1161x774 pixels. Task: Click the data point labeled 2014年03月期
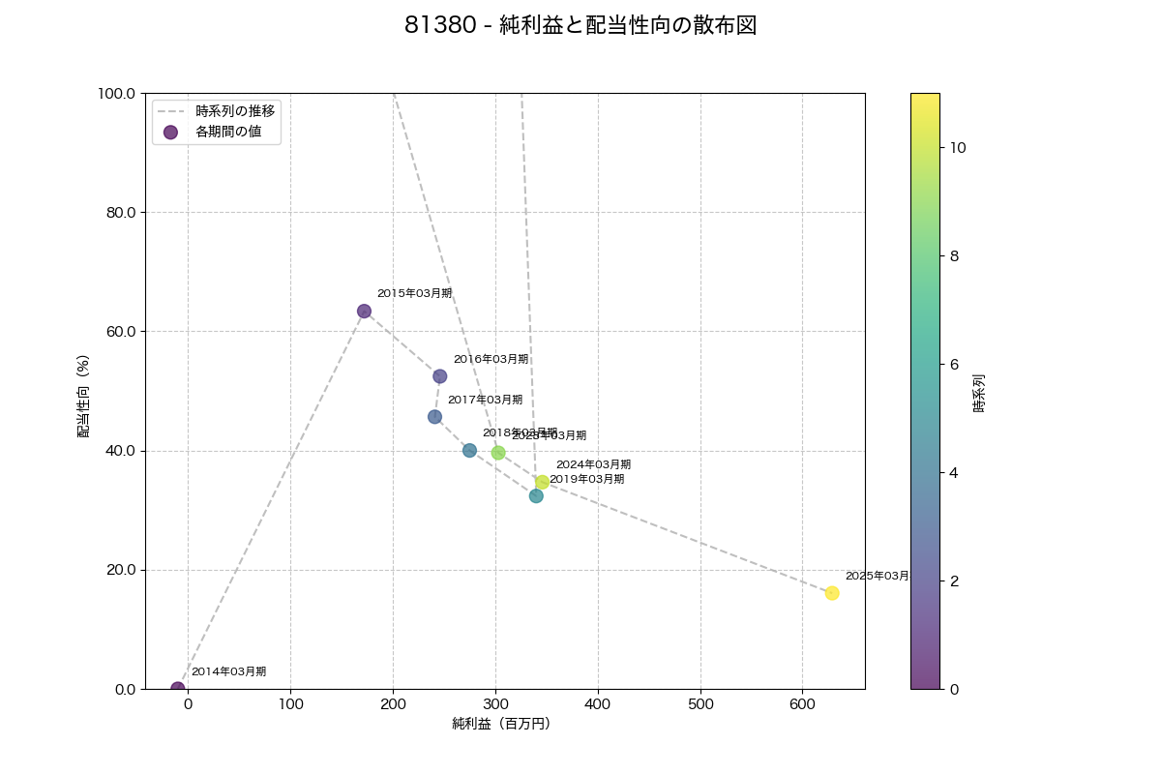pos(177,689)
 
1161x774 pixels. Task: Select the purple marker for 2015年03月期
pos(364,312)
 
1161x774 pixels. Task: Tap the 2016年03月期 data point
pos(439,376)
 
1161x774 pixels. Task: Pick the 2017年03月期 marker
pos(434,417)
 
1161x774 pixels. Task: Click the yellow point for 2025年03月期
pos(832,593)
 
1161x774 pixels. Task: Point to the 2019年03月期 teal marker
pos(536,496)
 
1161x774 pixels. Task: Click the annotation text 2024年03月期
pos(593,464)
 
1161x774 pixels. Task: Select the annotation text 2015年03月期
pos(414,293)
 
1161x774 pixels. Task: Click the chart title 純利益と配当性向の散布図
pos(580,26)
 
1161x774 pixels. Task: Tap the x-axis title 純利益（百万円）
pos(501,724)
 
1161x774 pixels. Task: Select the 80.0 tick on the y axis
pos(120,213)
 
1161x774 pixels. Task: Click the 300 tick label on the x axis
pos(495,704)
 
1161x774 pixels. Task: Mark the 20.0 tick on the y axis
pos(120,570)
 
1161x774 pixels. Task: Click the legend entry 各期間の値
pos(228,132)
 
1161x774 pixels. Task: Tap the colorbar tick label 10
pos(958,148)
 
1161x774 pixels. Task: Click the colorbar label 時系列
pos(979,394)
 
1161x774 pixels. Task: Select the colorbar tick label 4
pos(954,473)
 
